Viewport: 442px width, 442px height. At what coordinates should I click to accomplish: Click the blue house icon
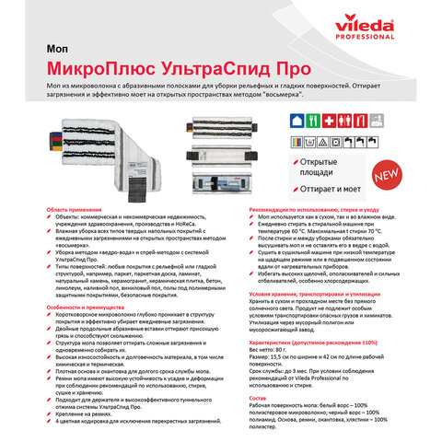coord(297,120)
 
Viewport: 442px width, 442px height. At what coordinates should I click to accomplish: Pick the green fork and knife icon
coord(313,120)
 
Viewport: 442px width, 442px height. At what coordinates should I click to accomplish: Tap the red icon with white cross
coord(329,120)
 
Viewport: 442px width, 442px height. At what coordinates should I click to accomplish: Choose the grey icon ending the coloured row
coord(377,120)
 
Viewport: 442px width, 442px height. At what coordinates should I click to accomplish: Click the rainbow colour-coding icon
coord(297,141)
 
